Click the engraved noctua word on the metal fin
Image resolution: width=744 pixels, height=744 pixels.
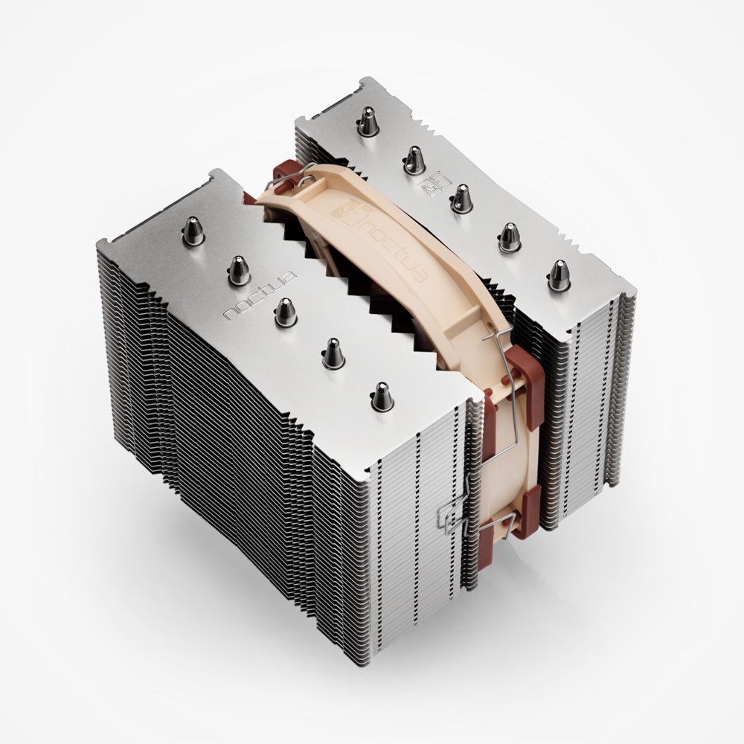point(261,295)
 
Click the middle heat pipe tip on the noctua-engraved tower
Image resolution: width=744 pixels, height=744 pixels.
point(286,312)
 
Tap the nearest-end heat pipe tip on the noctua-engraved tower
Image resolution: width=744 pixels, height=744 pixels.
point(382,396)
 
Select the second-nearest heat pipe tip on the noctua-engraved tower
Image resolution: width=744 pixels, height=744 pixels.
point(333,352)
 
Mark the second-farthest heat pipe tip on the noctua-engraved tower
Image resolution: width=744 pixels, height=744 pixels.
point(239,269)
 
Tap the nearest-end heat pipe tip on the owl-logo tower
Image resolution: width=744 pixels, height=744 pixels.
point(559,275)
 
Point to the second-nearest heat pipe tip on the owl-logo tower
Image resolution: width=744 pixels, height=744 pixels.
point(510,236)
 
